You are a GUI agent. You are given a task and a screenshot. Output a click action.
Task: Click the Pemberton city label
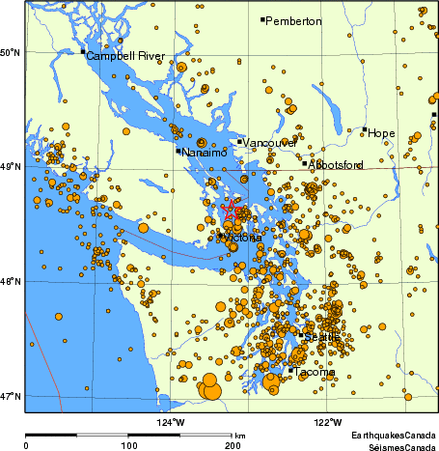(293, 21)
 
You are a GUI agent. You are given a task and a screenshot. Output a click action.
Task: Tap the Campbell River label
(126, 57)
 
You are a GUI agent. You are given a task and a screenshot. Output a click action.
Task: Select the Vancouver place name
(270, 144)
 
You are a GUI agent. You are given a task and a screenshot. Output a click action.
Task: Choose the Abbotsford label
(337, 165)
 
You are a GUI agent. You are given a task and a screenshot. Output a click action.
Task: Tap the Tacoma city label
(316, 372)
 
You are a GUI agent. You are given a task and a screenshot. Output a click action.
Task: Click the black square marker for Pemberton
(262, 18)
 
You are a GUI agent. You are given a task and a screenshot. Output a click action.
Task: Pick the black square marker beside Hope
(365, 129)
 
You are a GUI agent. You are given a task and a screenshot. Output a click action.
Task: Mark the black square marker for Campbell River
(83, 51)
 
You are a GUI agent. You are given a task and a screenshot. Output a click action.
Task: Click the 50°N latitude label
(11, 52)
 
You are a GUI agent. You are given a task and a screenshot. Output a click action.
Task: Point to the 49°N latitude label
(11, 167)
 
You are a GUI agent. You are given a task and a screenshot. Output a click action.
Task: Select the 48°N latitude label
(11, 282)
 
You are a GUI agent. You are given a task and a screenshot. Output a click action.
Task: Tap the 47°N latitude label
(11, 397)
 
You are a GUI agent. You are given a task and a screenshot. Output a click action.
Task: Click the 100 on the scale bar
(129, 445)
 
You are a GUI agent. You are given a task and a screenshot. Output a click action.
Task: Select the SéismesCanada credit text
(394, 445)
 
